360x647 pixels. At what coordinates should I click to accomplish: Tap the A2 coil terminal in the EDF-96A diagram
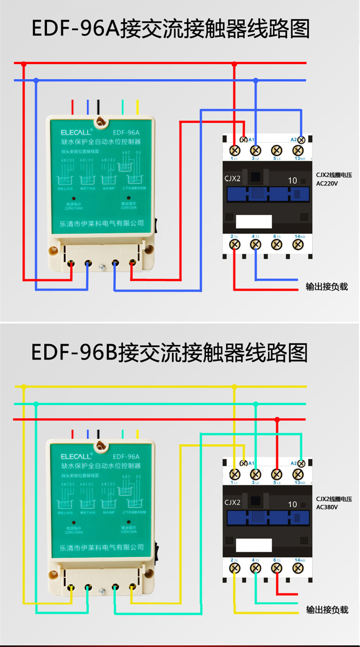pos(301,140)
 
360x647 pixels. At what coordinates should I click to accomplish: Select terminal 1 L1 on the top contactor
pos(235,150)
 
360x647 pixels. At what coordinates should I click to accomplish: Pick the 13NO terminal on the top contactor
pos(298,150)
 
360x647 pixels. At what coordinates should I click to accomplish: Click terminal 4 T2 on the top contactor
pos(256,245)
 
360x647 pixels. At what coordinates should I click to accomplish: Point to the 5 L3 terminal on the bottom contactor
pos(277,474)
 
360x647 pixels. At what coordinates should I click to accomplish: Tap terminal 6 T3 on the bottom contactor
pos(277,568)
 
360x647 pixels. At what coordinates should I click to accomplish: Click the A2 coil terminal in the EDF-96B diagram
pos(301,464)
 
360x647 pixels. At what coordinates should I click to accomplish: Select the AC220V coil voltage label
pos(327,183)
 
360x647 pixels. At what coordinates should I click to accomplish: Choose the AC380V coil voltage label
pos(327,507)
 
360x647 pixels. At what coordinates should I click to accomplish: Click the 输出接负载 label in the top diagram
pos(327,287)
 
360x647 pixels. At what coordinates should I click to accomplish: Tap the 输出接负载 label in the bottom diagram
pos(327,610)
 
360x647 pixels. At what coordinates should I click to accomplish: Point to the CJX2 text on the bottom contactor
pos(232,503)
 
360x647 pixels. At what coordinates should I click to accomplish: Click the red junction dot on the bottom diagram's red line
pos(277,420)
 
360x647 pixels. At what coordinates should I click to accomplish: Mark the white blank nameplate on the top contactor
pos(254,221)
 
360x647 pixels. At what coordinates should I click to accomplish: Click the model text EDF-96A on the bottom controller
pos(126,456)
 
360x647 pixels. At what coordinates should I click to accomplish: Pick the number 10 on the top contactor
pos(292,180)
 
